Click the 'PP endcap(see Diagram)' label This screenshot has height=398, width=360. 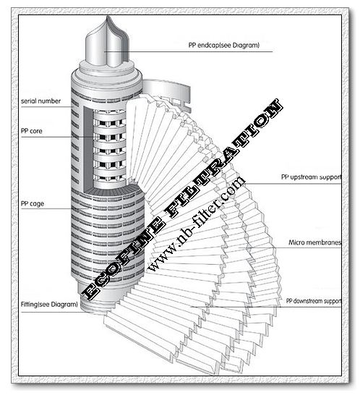(x=224, y=45)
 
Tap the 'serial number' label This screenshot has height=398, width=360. (x=40, y=101)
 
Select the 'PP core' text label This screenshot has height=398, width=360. (x=32, y=131)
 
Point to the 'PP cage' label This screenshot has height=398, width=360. (x=33, y=203)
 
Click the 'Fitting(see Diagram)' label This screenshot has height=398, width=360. (x=49, y=304)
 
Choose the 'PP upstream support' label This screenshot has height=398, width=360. (x=311, y=177)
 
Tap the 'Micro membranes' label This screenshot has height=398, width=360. (x=314, y=242)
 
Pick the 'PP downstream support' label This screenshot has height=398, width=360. (x=314, y=301)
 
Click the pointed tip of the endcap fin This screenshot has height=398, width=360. (x=108, y=17)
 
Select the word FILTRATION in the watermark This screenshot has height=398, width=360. (x=223, y=158)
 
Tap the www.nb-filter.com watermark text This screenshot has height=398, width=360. (x=197, y=224)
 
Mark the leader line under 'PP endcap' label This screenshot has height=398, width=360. (x=188, y=52)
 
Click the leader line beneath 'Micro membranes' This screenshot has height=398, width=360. (x=290, y=247)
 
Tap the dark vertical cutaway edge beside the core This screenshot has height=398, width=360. (x=88, y=149)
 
